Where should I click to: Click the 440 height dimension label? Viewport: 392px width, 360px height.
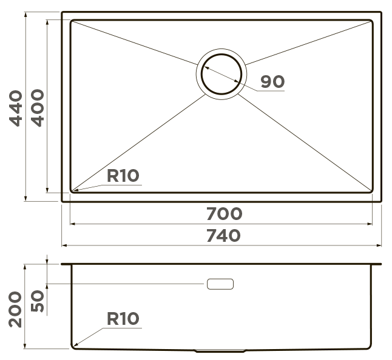pyautogui.click(x=16, y=108)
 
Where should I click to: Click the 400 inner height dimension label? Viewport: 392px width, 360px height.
pyautogui.click(x=37, y=108)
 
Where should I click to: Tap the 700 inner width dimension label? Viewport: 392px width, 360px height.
pyautogui.click(x=225, y=214)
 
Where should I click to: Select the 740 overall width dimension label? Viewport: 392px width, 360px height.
pyautogui.click(x=223, y=236)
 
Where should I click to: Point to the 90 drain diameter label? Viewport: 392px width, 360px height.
pyautogui.click(x=272, y=81)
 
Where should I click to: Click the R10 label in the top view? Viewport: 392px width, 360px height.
pyautogui.click(x=123, y=176)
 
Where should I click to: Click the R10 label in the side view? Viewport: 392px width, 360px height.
pyautogui.click(x=123, y=319)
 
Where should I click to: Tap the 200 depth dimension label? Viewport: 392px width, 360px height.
pyautogui.click(x=15, y=309)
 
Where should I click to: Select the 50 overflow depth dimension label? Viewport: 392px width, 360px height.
pyautogui.click(x=37, y=301)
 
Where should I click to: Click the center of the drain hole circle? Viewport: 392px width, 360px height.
pyautogui.click(x=221, y=74)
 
